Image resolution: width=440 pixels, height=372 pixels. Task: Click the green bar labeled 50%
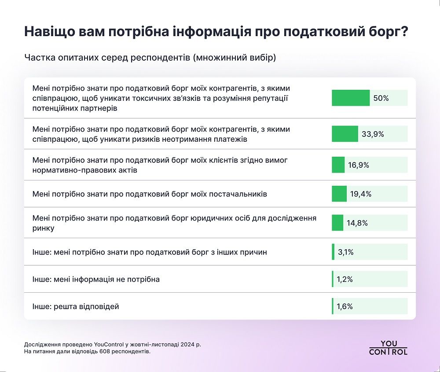pos(350,98)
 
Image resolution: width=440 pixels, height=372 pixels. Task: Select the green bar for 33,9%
pos(345,134)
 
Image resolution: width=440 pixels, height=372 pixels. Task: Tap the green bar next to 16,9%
pos(338,165)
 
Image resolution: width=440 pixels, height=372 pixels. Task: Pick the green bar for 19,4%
pos(339,194)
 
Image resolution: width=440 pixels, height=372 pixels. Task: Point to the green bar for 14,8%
pos(337,223)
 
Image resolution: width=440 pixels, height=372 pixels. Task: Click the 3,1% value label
pos(345,252)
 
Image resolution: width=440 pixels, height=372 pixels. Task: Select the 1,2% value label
pos(345,279)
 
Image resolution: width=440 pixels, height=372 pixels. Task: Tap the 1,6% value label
pos(345,306)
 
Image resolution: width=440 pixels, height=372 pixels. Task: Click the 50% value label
pos(381,98)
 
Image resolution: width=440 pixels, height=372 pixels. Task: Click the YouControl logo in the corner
pos(388,347)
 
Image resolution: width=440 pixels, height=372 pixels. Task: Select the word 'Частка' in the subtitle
pos(39,58)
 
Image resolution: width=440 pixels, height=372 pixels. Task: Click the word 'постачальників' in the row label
pos(240,194)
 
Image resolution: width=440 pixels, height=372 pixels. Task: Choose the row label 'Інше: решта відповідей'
pos(76,306)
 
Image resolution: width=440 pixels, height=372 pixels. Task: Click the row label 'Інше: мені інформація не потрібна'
pos(96,280)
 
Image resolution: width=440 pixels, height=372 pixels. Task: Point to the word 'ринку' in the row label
pos(43,228)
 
